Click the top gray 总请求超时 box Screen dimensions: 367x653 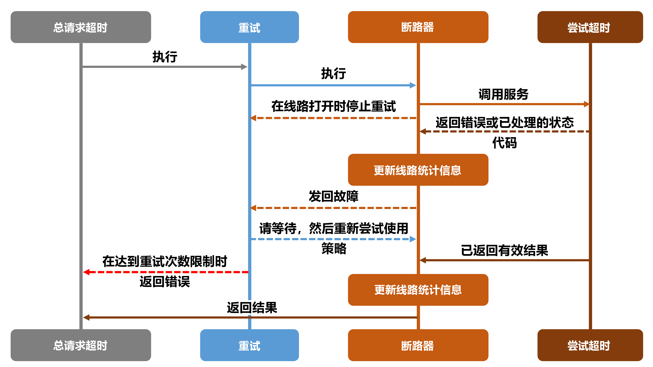(x=81, y=27)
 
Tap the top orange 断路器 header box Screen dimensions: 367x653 (x=418, y=27)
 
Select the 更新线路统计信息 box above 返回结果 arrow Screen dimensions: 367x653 (x=418, y=290)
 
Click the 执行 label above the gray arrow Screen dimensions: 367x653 (x=165, y=57)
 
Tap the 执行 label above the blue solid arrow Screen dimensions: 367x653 (x=333, y=74)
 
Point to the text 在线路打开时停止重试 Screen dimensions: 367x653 (x=333, y=106)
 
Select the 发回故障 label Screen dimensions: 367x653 (x=333, y=196)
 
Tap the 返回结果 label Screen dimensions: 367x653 (x=252, y=308)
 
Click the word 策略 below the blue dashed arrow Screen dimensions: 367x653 (x=334, y=248)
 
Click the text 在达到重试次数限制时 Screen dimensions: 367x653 (x=165, y=261)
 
